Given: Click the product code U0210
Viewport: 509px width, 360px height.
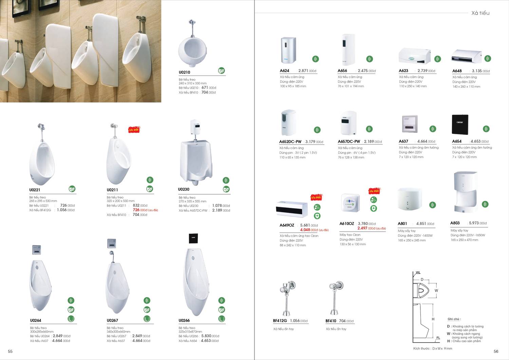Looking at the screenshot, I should [x=184, y=72].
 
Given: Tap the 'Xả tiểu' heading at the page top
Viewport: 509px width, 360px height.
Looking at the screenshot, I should [x=480, y=13].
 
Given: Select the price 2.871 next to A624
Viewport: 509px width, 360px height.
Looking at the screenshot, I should [x=303, y=71].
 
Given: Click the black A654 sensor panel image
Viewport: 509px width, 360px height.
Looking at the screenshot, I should [x=460, y=125].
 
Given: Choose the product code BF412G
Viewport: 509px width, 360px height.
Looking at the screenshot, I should [x=280, y=321].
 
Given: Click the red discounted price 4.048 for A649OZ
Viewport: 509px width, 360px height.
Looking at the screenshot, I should [x=305, y=230].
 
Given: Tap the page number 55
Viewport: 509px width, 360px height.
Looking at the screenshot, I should [x=10, y=352].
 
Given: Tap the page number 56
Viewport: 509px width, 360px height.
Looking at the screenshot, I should [x=496, y=352].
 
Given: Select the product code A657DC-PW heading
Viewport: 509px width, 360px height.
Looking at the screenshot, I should [x=349, y=142].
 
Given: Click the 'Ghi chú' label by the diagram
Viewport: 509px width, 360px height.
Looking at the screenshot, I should [x=454, y=319].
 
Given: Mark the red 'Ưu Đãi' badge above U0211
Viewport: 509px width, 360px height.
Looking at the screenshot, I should [x=134, y=130].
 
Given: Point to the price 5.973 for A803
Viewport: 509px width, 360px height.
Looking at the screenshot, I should [x=474, y=223].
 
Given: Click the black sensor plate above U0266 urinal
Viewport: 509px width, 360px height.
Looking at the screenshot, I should [x=193, y=238].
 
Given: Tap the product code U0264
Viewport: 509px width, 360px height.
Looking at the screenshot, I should [x=36, y=320].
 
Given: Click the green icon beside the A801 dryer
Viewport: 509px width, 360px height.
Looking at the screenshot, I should [x=432, y=205].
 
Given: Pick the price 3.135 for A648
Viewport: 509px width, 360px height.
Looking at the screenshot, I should [x=477, y=71].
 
